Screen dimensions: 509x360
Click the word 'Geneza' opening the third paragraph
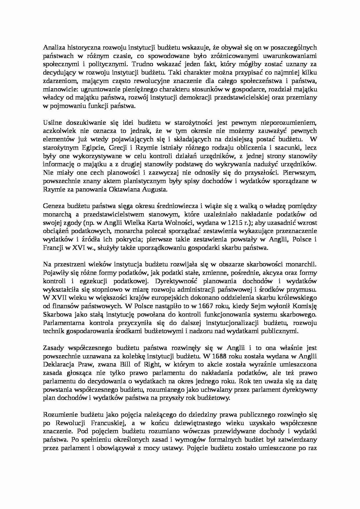[x=53, y=206]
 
